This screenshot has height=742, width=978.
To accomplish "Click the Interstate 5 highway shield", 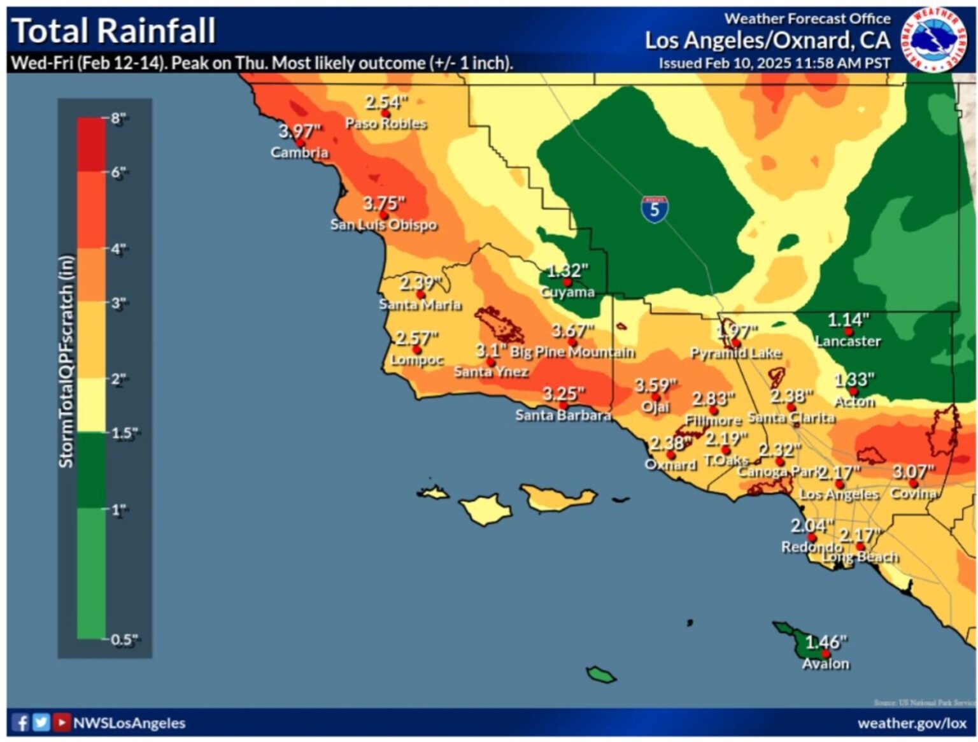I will point(655,209).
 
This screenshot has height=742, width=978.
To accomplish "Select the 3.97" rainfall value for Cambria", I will point(299,131).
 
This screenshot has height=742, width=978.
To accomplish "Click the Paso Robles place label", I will point(386,124).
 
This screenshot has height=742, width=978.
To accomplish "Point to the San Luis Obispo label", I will point(383,225).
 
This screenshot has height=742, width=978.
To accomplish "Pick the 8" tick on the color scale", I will point(118,118).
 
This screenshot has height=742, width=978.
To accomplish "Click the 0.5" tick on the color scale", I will point(124,639).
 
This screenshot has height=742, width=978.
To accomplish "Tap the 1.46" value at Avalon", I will point(826,641).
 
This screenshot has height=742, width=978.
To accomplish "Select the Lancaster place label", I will point(848,341).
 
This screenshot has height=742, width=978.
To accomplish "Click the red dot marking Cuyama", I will point(567,282).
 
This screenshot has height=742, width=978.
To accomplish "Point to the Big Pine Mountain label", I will point(572,352).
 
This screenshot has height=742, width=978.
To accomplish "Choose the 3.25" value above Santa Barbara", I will point(563,394).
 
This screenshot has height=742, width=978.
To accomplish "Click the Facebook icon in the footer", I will point(21,723).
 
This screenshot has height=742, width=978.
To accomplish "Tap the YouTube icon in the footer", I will point(62,723).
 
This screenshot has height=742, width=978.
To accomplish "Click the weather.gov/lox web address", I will point(912,723).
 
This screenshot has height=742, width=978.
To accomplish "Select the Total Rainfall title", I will point(114,31).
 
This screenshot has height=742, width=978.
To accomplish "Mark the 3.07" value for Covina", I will point(913,472).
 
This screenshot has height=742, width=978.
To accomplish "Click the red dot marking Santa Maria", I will point(420,294).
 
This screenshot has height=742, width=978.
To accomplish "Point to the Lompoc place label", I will point(416,360).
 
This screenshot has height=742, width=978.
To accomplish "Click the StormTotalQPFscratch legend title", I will point(66,361).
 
